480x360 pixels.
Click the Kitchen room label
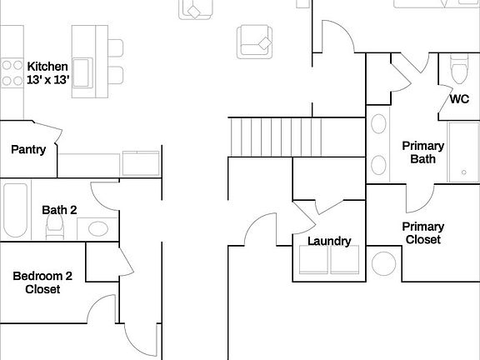[x=47, y=66]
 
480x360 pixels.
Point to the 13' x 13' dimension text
[x=47, y=80]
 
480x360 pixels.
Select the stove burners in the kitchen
[x=12, y=72]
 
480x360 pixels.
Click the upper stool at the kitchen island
[x=115, y=47]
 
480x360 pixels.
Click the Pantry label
[x=28, y=149]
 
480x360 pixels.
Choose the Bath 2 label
[x=59, y=209]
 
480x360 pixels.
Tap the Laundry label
[x=329, y=242]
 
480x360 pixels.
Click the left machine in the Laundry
[x=314, y=259]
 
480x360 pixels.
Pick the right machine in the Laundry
[x=345, y=259]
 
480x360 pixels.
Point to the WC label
[x=459, y=98]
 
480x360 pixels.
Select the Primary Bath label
[x=423, y=152]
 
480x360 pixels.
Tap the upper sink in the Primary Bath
[x=378, y=126]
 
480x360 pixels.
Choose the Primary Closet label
[x=423, y=232]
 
